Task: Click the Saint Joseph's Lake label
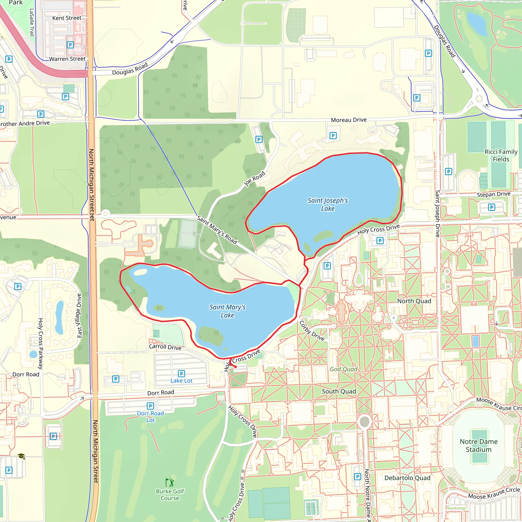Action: click(328, 204)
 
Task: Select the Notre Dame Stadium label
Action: click(478, 445)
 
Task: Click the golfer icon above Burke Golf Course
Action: click(170, 482)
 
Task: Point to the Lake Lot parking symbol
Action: click(181, 374)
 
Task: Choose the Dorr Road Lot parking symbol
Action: click(150, 406)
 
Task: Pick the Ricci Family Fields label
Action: click(501, 155)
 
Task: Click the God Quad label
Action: click(343, 369)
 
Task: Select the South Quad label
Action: click(338, 391)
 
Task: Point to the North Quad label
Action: click(414, 301)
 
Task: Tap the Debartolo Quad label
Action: click(407, 478)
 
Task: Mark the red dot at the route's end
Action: click(236, 367)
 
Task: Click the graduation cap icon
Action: click(21, 456)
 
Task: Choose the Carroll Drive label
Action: click(165, 347)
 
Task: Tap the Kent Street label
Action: click(67, 18)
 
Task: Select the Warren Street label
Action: click(67, 59)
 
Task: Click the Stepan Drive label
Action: click(493, 194)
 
